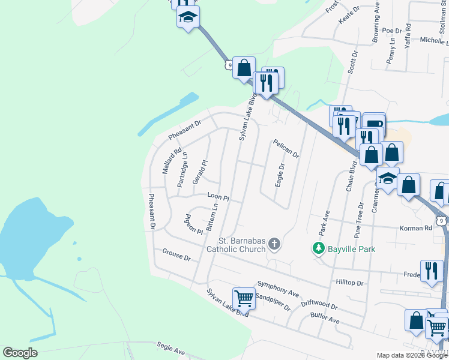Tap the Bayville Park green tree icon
point(317,247)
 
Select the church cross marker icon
point(274,244)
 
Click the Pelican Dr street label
point(286,148)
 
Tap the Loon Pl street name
point(218,197)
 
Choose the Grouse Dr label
point(176,254)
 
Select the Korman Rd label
point(415,228)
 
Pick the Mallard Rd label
point(169,161)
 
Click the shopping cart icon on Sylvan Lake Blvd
point(244,298)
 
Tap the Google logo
point(20,353)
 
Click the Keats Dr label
point(349,13)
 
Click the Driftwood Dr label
point(320,304)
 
